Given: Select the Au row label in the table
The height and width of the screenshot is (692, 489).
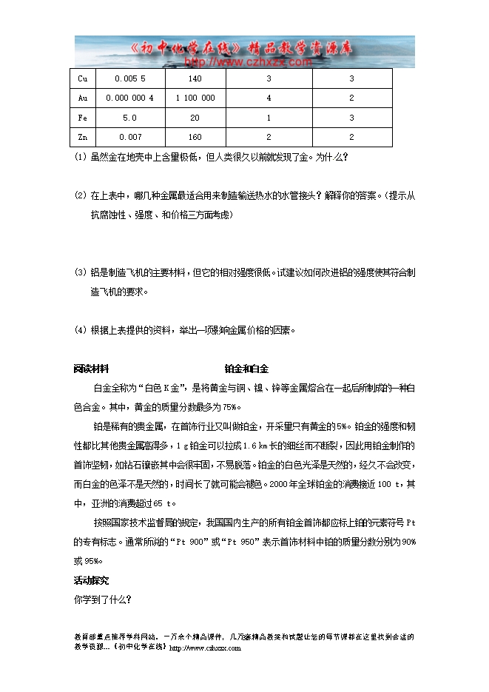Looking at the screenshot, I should coord(82,98).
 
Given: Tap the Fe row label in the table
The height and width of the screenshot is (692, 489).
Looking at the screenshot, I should coord(82,117).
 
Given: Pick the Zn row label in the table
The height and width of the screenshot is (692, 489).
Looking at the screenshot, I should coord(82,136).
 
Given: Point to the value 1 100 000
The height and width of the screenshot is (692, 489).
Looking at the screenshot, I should coord(195,98).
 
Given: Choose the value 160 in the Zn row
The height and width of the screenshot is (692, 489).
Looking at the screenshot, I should coord(195,136).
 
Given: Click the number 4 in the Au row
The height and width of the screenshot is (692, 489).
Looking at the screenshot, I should coord(269,98).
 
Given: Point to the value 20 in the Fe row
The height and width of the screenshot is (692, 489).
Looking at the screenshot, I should coord(195,117).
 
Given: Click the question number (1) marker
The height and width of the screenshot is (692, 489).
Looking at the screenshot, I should coord(81,157).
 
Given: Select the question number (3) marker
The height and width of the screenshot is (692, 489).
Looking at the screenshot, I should coord(81,272).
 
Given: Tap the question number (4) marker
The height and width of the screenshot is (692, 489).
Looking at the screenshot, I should coord(81,330).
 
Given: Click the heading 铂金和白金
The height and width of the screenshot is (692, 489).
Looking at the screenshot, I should coord(246,369).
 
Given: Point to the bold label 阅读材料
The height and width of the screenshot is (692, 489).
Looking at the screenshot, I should coord(92,369).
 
